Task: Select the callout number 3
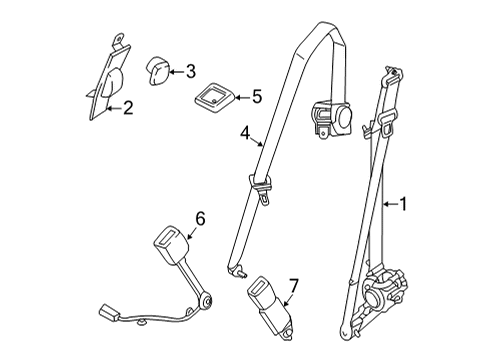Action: (189, 70)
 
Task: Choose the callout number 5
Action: (257, 97)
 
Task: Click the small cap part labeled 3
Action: (161, 72)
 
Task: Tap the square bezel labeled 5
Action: (215, 99)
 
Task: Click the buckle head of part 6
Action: (169, 245)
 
